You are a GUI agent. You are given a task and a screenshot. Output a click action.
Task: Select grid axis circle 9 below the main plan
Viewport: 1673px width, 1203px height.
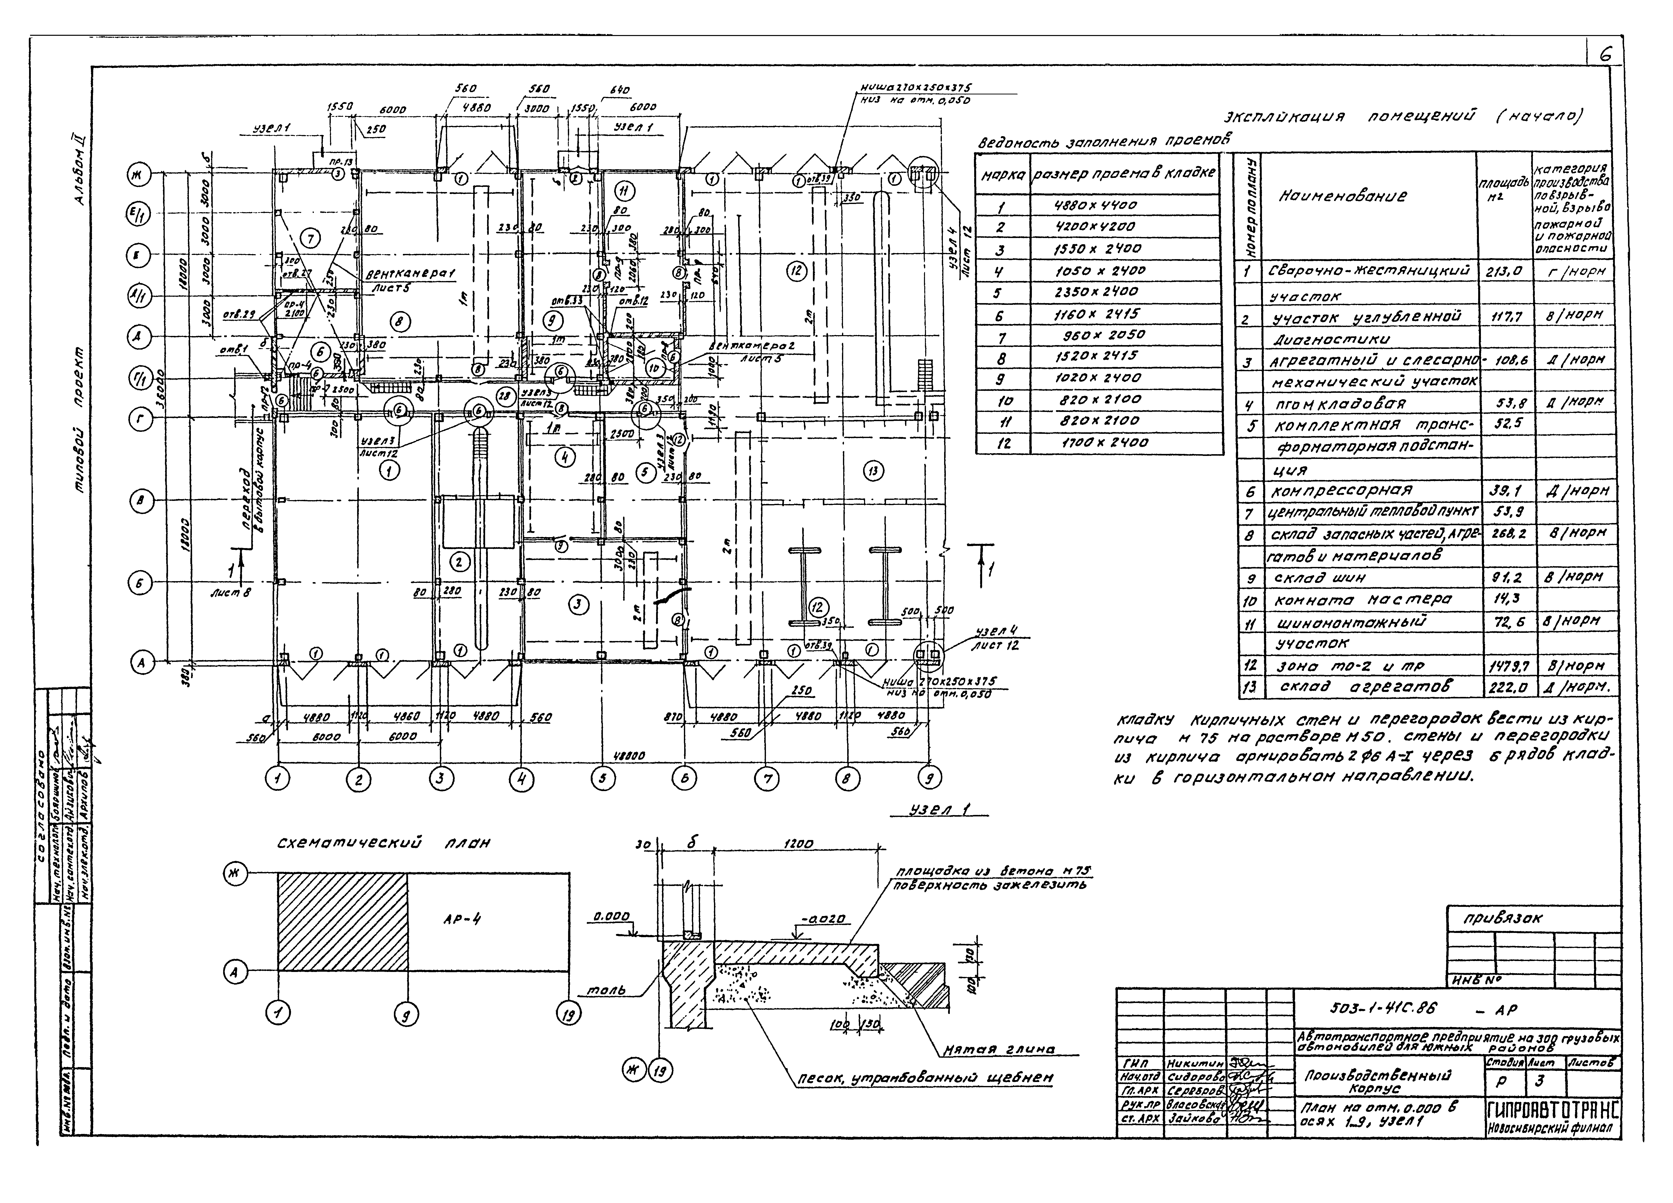929,778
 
